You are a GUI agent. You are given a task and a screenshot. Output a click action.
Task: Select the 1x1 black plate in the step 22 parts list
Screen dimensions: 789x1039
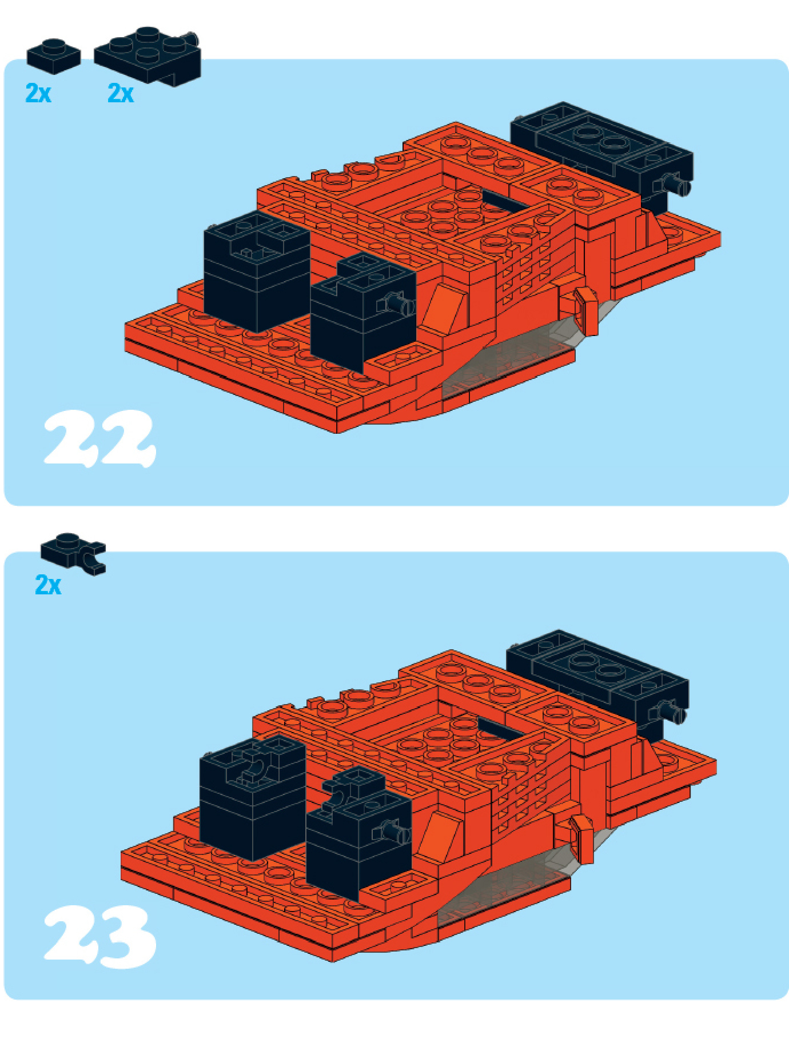(x=53, y=56)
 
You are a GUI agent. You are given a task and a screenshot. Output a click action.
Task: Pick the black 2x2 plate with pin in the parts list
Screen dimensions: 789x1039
(x=148, y=55)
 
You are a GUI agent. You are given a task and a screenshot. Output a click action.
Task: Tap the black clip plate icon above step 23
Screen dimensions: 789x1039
(x=73, y=553)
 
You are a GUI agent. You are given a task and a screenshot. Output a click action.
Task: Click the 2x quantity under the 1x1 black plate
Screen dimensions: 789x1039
(x=38, y=93)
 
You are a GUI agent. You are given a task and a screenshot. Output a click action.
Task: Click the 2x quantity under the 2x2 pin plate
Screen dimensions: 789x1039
(x=121, y=93)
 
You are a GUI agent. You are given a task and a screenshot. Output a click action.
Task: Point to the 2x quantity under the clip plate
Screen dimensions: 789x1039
(x=48, y=585)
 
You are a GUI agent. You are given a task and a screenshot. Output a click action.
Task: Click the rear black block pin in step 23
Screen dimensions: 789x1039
(x=672, y=712)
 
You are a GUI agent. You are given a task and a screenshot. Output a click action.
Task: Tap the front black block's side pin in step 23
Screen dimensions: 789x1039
(x=396, y=831)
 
